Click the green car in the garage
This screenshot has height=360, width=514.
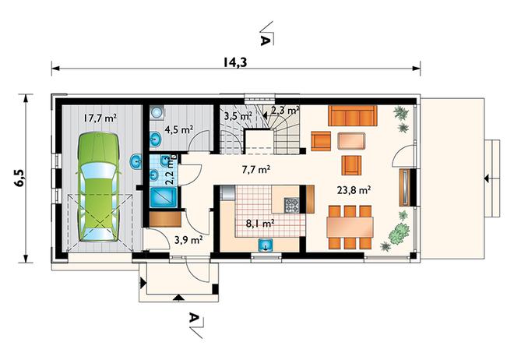point(98,187)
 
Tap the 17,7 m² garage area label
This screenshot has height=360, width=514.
point(100,118)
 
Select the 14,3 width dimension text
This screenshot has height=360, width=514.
point(235,62)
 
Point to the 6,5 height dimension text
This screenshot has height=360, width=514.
point(19,178)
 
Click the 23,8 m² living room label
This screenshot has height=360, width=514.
point(354,190)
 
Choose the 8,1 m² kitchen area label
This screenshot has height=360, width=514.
point(260,224)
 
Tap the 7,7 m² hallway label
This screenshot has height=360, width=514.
point(255,170)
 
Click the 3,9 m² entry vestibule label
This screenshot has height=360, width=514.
point(188,240)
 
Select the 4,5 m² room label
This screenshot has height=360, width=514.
point(178,129)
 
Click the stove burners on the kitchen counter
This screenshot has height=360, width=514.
point(291,205)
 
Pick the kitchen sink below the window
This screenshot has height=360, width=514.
point(266,245)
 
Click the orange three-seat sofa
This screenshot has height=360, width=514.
point(352,116)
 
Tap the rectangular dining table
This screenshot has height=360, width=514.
point(350,228)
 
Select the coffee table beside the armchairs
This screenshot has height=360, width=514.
point(351,141)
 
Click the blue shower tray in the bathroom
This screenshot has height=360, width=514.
point(164,197)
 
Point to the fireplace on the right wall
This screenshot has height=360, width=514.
point(406,187)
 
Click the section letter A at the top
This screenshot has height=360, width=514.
point(265,40)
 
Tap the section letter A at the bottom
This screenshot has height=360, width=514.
point(194,318)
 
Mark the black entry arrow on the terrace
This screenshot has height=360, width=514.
point(488,178)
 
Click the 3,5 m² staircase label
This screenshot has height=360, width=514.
point(238,115)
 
